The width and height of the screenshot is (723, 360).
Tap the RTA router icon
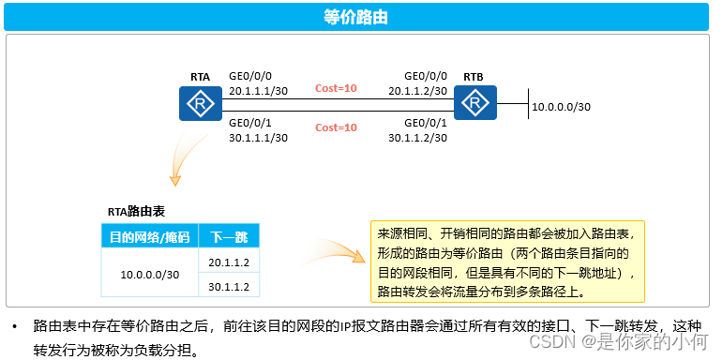tap(199, 103)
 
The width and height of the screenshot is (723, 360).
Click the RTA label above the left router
tap(200, 76)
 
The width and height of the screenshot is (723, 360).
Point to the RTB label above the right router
tap(474, 76)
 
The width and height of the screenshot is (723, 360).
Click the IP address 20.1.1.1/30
tap(258, 91)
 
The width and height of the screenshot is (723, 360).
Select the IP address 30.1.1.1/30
tap(258, 137)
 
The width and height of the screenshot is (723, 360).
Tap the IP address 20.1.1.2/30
tap(418, 91)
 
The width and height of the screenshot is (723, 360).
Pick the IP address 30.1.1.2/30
tap(418, 137)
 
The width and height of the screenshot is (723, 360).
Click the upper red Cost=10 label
tap(336, 88)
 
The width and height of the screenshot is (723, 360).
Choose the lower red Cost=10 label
tap(336, 127)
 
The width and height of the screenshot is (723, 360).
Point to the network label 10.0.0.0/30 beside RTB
tap(561, 107)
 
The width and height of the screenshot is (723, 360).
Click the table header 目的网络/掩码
tap(149, 236)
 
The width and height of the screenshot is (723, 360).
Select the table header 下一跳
tap(229, 236)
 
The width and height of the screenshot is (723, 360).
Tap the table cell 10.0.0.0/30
tap(149, 274)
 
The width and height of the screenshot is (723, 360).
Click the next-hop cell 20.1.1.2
tap(229, 262)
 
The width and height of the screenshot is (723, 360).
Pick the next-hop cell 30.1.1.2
tap(229, 286)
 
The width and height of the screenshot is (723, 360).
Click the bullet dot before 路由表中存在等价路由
tap(14, 327)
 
